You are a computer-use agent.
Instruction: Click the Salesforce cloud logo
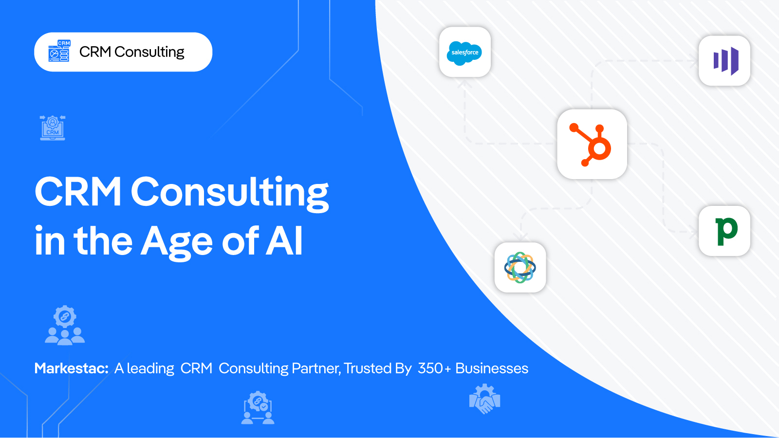pos(464,53)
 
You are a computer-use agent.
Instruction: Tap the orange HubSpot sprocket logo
pos(591,145)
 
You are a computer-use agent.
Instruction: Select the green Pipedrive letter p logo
pos(726,232)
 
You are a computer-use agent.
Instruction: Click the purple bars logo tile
pos(724,61)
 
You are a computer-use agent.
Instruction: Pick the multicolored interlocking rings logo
pos(520,267)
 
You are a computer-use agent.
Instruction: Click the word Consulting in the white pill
pos(149,52)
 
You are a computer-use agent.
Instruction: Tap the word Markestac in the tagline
pos(71,368)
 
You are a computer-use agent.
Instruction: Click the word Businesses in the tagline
pos(492,368)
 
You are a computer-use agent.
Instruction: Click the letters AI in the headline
pos(284,240)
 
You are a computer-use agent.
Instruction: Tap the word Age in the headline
pos(176,243)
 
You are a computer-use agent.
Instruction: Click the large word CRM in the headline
pos(78,191)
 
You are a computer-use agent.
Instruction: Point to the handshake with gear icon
pos(484,399)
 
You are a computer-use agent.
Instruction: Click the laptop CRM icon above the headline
pos(53,128)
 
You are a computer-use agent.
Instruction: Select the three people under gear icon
pos(65,326)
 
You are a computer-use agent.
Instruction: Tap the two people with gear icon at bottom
pos(258,408)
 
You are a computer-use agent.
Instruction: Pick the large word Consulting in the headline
pos(229,193)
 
